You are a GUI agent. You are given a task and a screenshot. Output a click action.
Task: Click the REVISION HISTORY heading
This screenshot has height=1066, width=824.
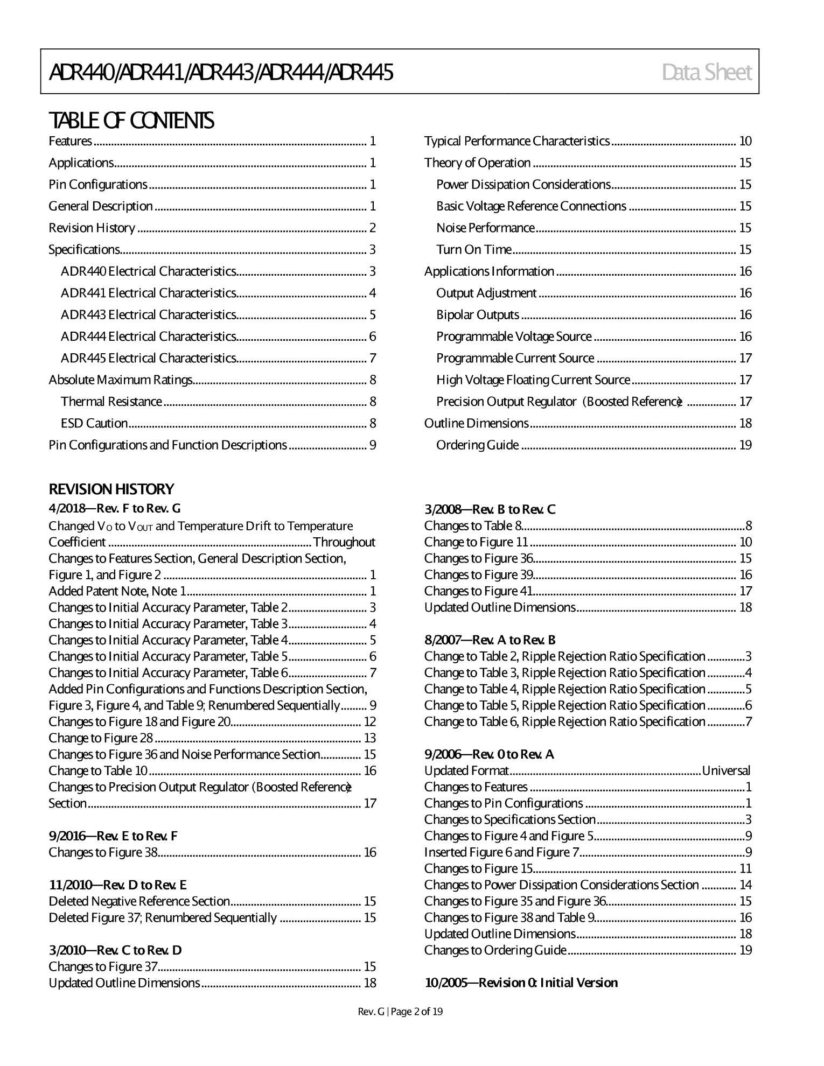click(111, 489)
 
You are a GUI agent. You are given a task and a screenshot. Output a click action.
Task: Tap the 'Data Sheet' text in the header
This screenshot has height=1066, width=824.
click(707, 72)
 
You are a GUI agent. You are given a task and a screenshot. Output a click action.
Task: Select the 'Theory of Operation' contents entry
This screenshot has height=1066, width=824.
click(477, 163)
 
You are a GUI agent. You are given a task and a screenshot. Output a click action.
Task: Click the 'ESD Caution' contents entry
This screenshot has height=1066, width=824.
click(94, 424)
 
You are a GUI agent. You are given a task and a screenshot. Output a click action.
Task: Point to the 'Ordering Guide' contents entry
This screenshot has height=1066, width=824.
click(477, 445)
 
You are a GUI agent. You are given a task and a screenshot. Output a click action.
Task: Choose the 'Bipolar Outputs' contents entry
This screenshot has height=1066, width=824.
click(477, 315)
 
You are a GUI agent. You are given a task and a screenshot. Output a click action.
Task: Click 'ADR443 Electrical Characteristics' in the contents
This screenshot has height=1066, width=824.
click(148, 315)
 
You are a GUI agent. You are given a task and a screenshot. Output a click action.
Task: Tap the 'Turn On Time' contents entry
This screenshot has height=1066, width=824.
click(473, 250)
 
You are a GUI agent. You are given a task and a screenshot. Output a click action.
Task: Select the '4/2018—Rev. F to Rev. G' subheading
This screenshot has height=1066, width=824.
click(115, 509)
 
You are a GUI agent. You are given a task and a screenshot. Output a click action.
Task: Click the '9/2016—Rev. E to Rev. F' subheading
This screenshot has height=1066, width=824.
click(113, 836)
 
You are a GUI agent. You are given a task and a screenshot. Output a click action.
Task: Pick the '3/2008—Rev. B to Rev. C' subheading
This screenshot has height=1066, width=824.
click(490, 510)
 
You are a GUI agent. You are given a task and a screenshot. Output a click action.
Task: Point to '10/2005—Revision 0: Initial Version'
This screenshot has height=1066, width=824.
click(521, 983)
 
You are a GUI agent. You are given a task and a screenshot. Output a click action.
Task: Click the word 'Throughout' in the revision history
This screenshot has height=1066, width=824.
click(344, 542)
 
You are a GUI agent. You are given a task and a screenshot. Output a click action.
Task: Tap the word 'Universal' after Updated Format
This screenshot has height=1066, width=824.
click(726, 771)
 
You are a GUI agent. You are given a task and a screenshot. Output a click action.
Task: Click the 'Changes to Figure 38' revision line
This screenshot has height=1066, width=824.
click(103, 853)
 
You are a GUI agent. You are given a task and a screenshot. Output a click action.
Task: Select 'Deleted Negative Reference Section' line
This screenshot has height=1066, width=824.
click(139, 902)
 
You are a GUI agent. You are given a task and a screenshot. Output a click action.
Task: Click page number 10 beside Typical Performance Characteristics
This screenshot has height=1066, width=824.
click(745, 142)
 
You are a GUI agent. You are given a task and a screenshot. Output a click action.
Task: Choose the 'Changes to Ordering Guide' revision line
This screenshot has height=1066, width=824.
click(495, 950)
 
